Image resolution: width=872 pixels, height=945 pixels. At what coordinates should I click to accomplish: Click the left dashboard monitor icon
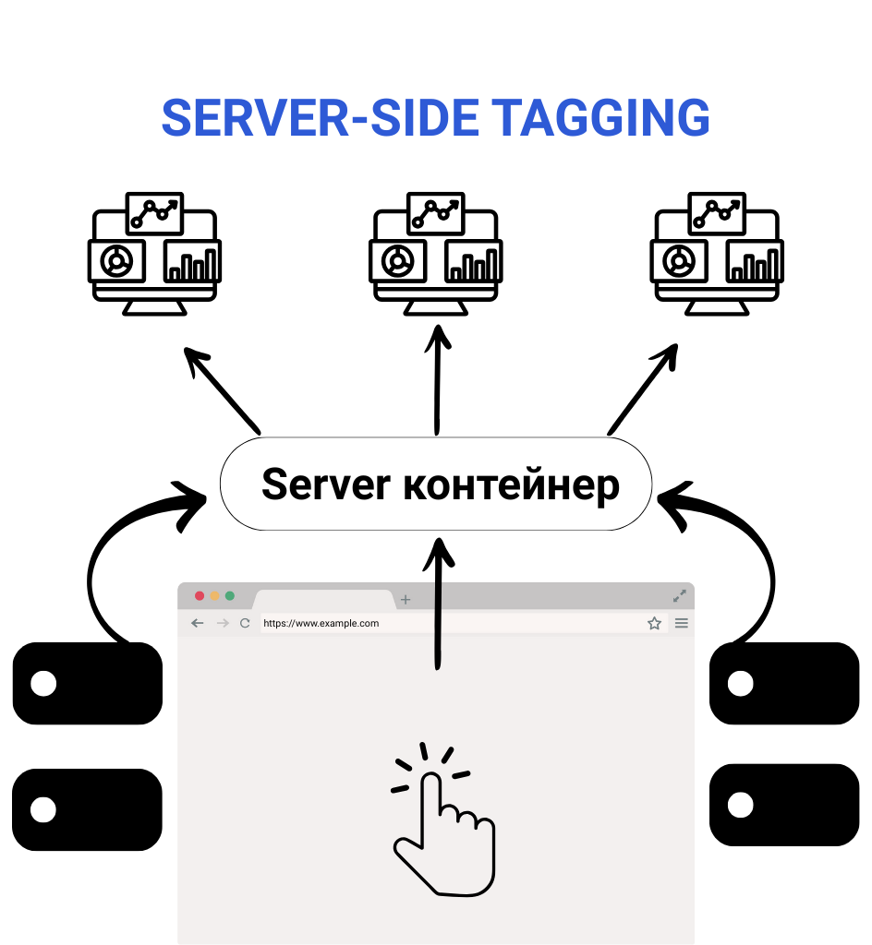(x=154, y=254)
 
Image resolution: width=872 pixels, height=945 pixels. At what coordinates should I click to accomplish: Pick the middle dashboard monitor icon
(x=436, y=254)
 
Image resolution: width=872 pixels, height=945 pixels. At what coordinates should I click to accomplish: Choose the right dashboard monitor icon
(x=717, y=254)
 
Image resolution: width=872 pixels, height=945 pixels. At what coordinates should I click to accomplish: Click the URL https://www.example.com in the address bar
(x=321, y=623)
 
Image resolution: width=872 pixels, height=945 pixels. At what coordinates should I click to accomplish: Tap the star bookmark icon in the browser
(x=654, y=623)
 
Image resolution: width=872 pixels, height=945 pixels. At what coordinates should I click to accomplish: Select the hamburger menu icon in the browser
(x=682, y=623)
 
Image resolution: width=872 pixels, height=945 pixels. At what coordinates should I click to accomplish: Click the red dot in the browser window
(x=200, y=596)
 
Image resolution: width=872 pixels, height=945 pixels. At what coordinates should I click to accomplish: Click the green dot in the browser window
(x=230, y=596)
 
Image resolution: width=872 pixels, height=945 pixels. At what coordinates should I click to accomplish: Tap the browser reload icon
(x=245, y=623)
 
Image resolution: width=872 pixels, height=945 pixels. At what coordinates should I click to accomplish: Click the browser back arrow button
(x=197, y=623)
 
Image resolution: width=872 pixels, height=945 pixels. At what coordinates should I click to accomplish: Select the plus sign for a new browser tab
(x=405, y=600)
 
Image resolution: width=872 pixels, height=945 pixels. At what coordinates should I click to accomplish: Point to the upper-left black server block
(x=88, y=684)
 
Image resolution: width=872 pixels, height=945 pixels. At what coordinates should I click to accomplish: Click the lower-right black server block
(x=784, y=805)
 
